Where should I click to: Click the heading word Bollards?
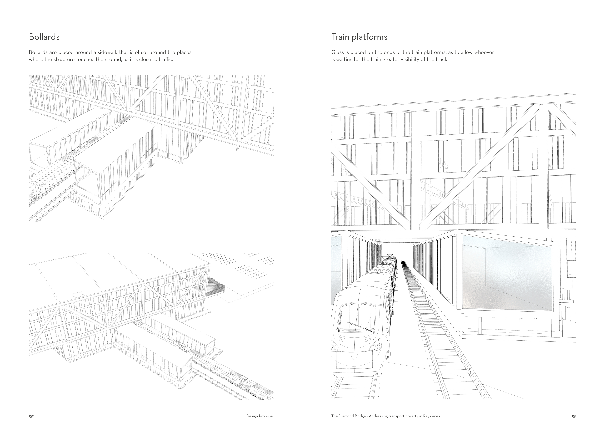coord(44,37)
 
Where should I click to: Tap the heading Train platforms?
coord(359,37)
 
